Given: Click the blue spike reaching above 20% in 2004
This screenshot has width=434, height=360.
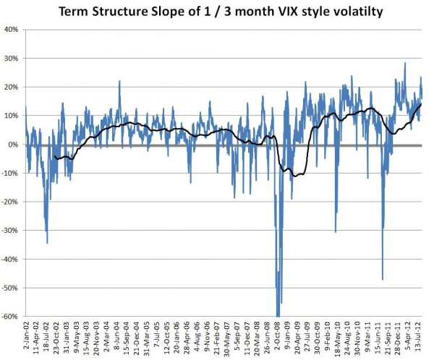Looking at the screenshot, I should coord(119,82).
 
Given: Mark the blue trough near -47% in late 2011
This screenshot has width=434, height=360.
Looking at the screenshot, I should coord(383,278).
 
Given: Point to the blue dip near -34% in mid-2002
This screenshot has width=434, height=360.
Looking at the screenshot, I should coord(47,242).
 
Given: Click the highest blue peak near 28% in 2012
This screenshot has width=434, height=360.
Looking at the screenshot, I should coord(404,64).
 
